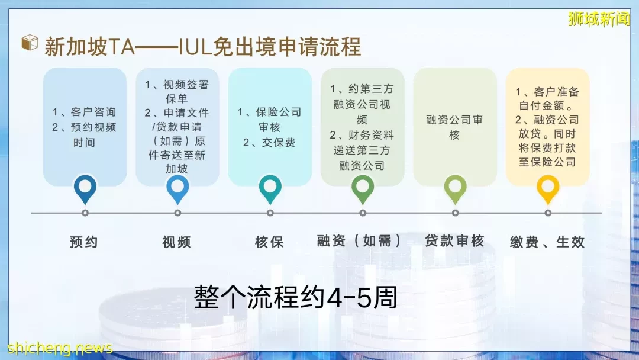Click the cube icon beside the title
click(30, 43)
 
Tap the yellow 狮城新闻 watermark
click(599, 19)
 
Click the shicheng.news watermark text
click(60, 348)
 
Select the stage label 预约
click(83, 242)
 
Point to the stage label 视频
click(176, 242)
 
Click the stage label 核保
click(269, 242)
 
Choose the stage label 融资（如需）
click(359, 241)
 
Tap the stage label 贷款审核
click(454, 241)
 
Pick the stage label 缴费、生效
click(547, 242)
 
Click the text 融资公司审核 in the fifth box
click(454, 127)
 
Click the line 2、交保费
click(269, 143)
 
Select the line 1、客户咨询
click(84, 112)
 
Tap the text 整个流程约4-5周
click(295, 297)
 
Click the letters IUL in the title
click(196, 46)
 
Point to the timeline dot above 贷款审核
click(455, 213)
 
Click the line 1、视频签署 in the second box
click(176, 85)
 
